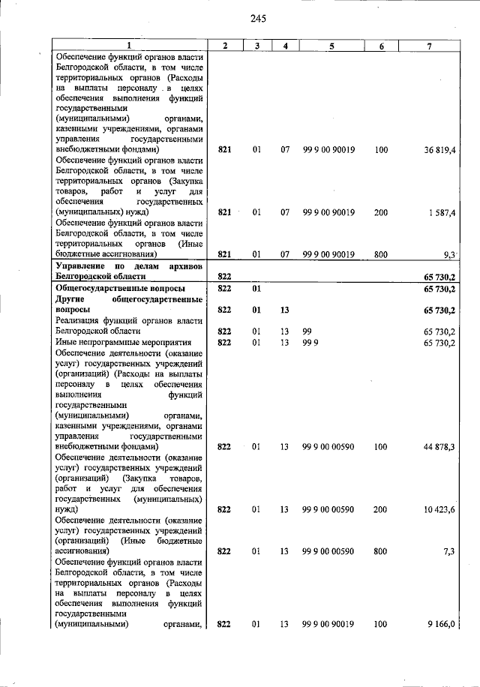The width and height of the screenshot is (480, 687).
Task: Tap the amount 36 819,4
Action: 440,150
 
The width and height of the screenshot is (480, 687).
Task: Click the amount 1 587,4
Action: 442,212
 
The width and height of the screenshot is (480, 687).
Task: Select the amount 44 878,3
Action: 440,447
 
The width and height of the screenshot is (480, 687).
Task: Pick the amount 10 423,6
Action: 440,509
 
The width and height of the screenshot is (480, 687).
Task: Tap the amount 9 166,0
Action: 442,624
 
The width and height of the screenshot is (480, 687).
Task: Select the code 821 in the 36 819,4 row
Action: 223,150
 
